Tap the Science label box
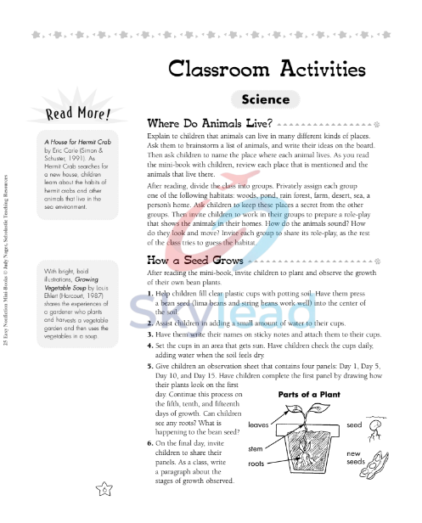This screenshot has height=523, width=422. pyautogui.click(x=265, y=99)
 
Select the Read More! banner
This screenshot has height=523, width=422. pyautogui.click(x=77, y=114)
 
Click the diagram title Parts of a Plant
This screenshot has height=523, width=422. pyautogui.click(x=310, y=395)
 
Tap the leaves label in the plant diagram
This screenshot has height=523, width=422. pyautogui.click(x=259, y=424)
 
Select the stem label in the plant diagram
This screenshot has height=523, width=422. pyautogui.click(x=256, y=447)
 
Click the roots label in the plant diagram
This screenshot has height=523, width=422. pyautogui.click(x=257, y=464)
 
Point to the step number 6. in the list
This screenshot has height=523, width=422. pyautogui.click(x=149, y=443)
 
